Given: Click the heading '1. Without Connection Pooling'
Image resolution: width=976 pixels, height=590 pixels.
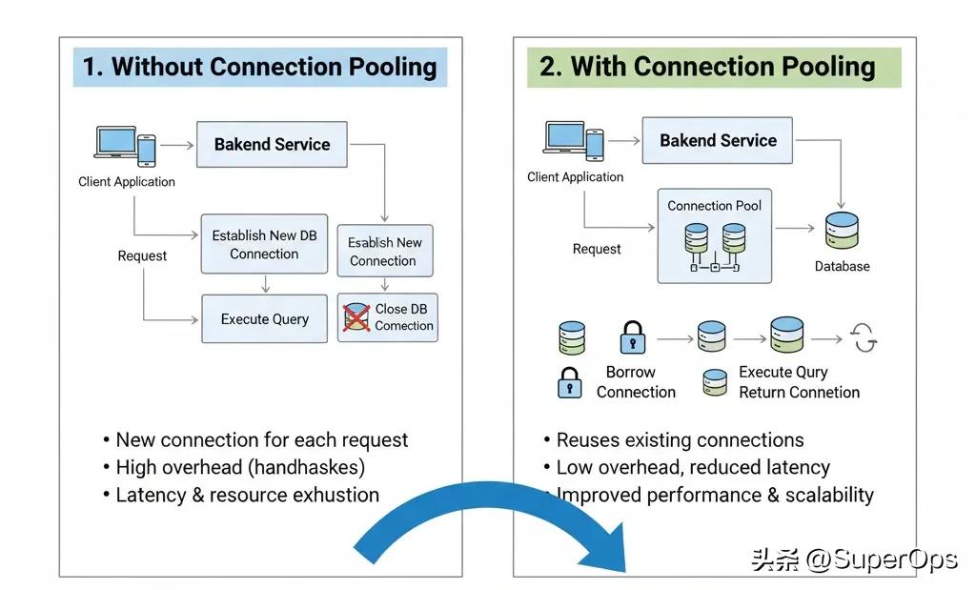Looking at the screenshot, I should [259, 67].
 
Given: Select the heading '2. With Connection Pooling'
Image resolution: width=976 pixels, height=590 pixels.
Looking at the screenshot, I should [707, 66].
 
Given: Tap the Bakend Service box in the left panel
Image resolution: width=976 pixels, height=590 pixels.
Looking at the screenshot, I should [272, 145].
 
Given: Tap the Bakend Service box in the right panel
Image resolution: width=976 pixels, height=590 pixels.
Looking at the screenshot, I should [718, 141].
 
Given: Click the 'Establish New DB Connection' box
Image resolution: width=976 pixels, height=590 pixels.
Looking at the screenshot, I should [264, 244].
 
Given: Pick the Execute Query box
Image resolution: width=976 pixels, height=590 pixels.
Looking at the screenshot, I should [264, 319].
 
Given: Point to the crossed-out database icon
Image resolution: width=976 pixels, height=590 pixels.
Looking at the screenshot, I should [356, 317].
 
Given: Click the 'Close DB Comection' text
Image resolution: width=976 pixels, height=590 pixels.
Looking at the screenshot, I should [404, 317].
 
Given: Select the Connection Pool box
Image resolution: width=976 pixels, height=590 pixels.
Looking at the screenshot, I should [715, 235].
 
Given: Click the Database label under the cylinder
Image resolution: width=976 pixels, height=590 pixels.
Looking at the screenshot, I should [842, 267].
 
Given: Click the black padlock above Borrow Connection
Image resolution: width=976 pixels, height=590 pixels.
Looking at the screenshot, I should [632, 337].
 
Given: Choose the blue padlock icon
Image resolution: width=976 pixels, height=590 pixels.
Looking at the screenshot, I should [569, 383].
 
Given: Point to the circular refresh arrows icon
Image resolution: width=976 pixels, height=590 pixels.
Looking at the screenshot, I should [864, 338].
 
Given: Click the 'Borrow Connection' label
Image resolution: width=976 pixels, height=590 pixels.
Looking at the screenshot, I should [635, 382].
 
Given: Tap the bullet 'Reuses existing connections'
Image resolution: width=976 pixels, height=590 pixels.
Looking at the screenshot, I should [680, 440].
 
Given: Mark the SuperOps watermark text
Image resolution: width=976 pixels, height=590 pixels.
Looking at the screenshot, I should [854, 559].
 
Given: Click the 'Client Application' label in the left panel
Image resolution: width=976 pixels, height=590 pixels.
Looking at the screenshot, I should [127, 182].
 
